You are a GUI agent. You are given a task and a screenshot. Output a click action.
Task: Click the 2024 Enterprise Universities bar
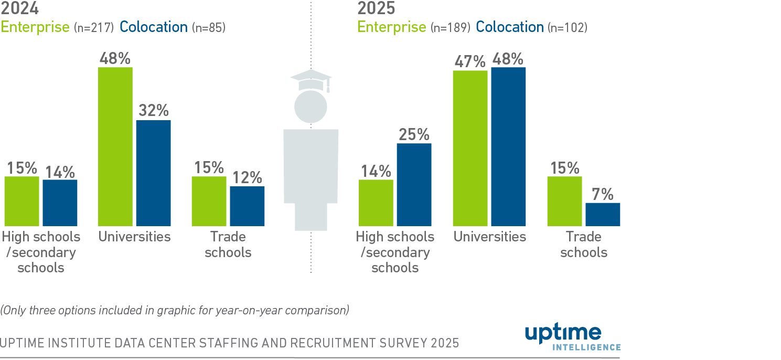click(x=115, y=147)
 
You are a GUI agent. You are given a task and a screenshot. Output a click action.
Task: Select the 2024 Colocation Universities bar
click(x=153, y=173)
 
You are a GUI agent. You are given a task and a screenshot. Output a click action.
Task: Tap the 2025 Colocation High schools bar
click(x=414, y=185)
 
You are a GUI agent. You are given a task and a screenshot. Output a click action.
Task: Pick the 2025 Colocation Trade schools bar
click(x=603, y=215)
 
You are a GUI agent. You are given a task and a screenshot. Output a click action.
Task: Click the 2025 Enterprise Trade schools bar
click(x=564, y=202)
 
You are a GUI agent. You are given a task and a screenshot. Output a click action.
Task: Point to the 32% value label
click(x=154, y=111)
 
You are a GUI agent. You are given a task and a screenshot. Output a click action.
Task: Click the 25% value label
click(x=414, y=134)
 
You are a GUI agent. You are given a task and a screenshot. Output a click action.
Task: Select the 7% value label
click(x=603, y=194)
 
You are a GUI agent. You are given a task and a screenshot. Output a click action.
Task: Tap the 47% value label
click(x=470, y=61)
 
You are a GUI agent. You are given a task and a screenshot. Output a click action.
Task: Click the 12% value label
click(x=247, y=177)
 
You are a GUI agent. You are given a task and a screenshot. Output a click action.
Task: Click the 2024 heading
click(x=19, y=8)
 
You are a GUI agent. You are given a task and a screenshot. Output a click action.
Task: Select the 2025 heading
click(x=376, y=8)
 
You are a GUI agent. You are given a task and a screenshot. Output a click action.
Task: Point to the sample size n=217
click(x=93, y=27)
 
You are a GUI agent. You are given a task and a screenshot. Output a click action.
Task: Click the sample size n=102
click(x=567, y=27)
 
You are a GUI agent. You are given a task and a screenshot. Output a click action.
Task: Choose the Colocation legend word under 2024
click(x=153, y=27)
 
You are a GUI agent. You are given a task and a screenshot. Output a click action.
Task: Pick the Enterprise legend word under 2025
click(x=391, y=27)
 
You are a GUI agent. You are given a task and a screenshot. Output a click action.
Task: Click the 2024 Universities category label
click(x=134, y=237)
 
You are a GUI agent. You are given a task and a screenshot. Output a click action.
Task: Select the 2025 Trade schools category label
click(x=583, y=245)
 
